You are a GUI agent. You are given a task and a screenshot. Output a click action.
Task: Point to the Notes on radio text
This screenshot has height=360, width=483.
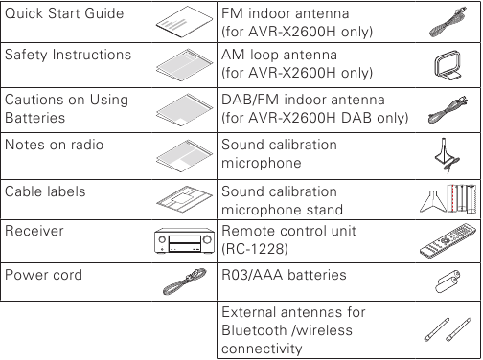55,145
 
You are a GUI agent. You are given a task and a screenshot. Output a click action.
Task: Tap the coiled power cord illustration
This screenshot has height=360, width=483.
179,281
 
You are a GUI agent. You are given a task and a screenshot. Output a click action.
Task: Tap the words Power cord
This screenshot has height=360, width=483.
43,275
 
